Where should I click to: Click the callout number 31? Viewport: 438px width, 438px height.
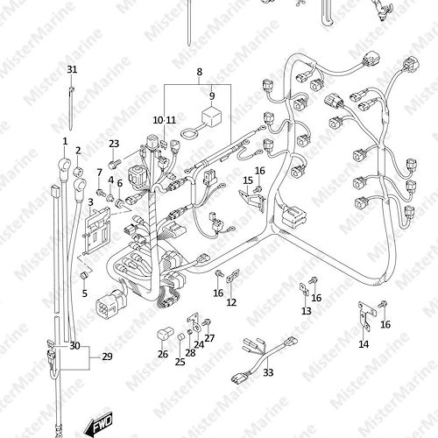click(x=72, y=69)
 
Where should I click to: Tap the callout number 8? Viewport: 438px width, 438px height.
click(x=199, y=72)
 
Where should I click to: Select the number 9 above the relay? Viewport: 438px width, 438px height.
click(x=212, y=95)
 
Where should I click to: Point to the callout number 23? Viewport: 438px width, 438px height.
click(x=114, y=144)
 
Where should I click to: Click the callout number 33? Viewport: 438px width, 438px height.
click(x=268, y=372)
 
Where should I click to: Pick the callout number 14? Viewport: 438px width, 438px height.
click(x=364, y=344)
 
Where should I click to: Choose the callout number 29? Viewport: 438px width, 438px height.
click(x=107, y=357)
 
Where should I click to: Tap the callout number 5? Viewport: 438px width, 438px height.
click(x=85, y=293)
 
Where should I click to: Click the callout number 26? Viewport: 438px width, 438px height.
click(x=163, y=354)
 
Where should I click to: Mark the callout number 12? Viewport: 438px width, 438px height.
click(x=231, y=302)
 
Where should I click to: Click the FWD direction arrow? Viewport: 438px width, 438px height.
click(x=98, y=423)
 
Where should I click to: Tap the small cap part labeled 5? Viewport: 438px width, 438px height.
click(x=84, y=275)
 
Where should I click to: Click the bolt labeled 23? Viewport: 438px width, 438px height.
click(x=113, y=164)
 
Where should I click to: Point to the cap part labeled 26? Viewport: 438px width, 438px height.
click(x=166, y=334)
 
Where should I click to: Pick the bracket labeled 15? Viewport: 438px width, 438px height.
click(x=251, y=200)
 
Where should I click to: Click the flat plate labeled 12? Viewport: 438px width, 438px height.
click(x=233, y=276)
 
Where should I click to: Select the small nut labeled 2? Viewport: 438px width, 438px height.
click(x=78, y=171)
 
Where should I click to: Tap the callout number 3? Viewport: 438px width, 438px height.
click(x=90, y=202)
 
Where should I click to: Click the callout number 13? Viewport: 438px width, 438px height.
click(x=307, y=311)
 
